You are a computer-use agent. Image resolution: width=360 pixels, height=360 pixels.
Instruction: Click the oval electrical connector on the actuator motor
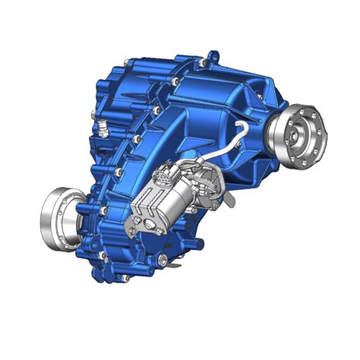[x=164, y=182]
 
